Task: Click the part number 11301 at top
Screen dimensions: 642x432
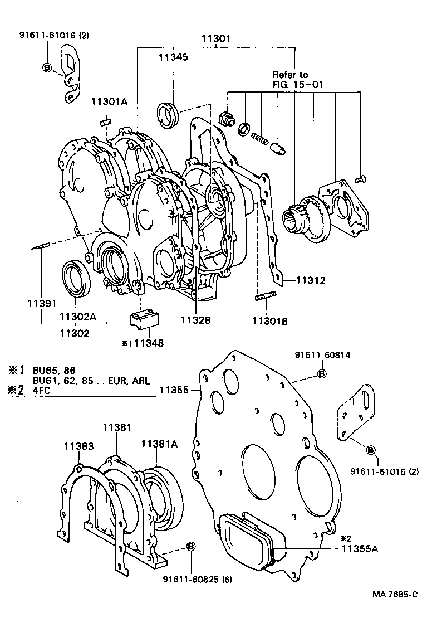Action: point(216,39)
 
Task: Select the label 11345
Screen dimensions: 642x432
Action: point(173,57)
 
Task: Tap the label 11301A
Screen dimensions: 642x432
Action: point(110,101)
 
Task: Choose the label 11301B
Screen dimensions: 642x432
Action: point(270,320)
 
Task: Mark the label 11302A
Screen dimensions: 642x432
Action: point(78,317)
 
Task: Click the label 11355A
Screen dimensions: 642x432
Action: point(360,549)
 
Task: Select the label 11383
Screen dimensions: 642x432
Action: point(78,446)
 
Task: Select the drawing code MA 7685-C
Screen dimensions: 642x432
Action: point(395,610)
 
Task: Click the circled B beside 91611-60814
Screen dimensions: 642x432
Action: point(322,374)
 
